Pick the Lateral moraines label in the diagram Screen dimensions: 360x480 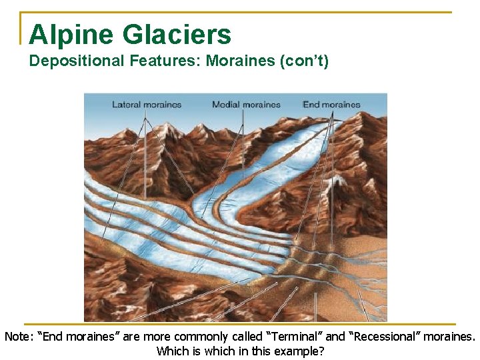(146, 104)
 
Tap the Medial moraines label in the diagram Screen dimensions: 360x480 (246, 104)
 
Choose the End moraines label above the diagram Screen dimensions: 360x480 (331, 104)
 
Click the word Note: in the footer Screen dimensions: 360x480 (19, 337)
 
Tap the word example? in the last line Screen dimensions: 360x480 (301, 351)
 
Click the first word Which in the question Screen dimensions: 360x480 (171, 351)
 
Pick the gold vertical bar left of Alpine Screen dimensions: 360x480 (21, 28)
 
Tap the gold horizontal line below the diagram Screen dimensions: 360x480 (240, 324)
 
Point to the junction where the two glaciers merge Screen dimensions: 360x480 (200, 203)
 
